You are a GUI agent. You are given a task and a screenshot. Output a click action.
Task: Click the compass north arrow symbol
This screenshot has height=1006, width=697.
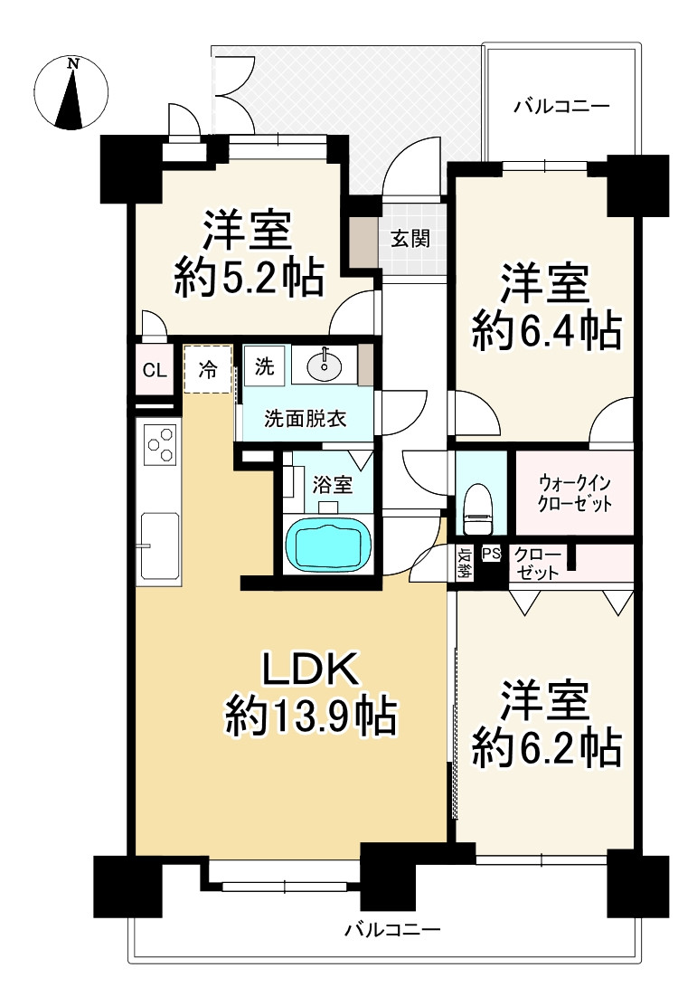[71, 93]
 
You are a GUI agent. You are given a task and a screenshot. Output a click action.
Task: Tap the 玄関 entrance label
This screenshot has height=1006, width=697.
[410, 240]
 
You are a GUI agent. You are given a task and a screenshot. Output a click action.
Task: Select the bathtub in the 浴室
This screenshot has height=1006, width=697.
[329, 544]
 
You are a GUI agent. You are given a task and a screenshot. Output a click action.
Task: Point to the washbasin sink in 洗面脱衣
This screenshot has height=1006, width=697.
[325, 366]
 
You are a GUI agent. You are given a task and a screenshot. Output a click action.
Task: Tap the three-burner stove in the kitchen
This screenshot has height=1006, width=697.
[160, 443]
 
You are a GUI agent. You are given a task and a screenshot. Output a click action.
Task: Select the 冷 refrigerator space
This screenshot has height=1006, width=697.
[207, 369]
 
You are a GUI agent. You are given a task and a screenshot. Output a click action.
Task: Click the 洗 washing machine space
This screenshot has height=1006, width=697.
[264, 366]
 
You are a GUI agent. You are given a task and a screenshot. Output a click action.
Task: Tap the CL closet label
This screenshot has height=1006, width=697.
[155, 370]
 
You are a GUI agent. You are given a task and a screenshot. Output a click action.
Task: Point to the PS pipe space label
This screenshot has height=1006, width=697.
[491, 553]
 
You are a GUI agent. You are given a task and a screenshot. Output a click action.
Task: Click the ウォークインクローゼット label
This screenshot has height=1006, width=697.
[575, 493]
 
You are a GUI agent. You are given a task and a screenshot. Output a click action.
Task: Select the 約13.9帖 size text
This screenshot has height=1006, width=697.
[311, 716]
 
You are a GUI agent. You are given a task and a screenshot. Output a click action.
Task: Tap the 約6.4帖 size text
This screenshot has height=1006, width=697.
[546, 330]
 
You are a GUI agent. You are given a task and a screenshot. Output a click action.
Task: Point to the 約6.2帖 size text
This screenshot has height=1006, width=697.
[546, 747]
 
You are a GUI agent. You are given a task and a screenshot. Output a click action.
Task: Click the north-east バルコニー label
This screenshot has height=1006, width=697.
[561, 106]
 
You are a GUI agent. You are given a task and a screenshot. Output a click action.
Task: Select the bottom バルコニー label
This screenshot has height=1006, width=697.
[392, 929]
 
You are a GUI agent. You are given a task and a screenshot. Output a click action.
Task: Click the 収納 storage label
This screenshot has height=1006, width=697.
[464, 563]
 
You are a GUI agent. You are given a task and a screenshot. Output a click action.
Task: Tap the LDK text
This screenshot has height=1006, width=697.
[310, 669]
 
